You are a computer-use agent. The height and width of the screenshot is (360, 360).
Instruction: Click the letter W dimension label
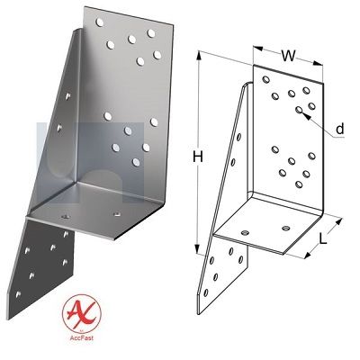288,56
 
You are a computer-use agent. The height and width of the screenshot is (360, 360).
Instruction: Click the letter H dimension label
198,157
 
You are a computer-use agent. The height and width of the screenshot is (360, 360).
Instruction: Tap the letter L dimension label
322,238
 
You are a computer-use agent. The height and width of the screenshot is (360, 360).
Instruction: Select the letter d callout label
339,129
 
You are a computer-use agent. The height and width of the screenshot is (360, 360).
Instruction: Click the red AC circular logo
82,314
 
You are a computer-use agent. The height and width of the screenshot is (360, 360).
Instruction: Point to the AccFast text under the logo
82,337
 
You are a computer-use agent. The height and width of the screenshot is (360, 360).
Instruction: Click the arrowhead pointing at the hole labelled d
305,115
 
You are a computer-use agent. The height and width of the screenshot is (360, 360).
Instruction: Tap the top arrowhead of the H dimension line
198,56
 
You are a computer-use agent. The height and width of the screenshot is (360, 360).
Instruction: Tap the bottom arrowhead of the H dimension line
197,248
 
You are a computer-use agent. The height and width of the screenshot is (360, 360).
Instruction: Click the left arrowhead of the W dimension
258,49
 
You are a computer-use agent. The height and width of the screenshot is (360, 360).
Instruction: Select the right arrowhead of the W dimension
318,63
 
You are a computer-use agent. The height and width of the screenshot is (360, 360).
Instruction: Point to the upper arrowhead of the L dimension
338,222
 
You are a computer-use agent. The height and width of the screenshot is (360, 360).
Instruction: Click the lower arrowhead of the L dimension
308,255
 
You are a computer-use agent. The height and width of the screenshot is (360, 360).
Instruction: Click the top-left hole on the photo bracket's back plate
100,22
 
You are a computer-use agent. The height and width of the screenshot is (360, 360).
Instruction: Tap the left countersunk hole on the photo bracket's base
65,216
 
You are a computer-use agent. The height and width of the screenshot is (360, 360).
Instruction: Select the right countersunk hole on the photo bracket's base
116,214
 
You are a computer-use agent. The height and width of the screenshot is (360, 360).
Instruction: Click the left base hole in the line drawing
245,232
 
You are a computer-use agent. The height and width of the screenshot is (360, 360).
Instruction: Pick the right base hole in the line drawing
285,229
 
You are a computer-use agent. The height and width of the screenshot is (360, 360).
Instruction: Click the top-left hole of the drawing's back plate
265,79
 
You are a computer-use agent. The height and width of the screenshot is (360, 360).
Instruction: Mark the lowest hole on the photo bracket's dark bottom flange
18,294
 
